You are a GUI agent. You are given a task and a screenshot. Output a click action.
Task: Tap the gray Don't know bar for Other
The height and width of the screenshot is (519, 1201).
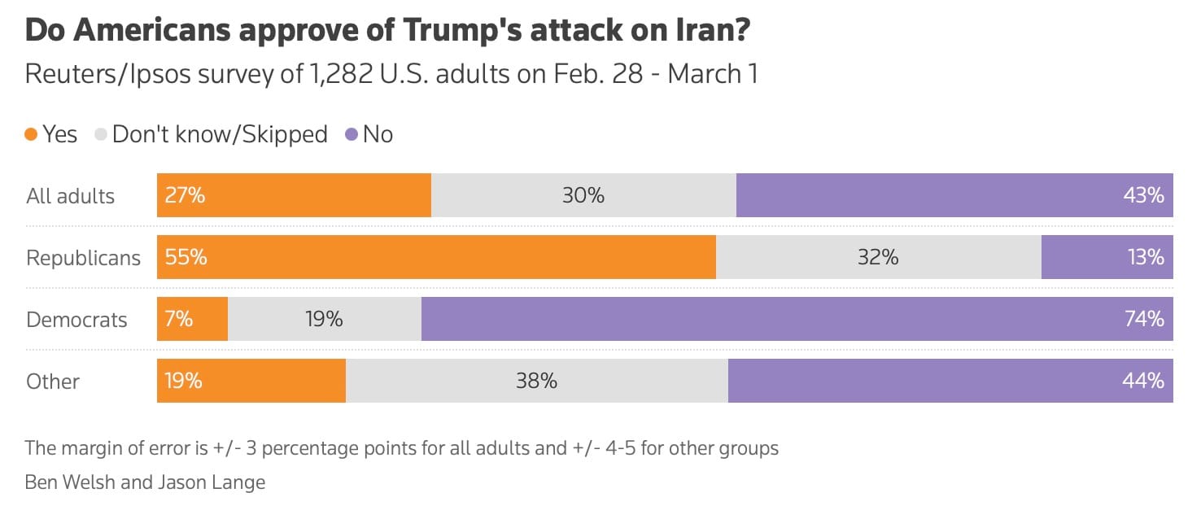pos(536,381)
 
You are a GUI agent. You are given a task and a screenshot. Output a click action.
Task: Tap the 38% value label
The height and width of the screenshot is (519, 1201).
pos(536,381)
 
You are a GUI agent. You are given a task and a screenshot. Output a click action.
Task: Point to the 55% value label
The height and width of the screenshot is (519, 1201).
pos(186,257)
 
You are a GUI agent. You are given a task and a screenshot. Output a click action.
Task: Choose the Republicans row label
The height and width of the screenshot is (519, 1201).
pos(83,258)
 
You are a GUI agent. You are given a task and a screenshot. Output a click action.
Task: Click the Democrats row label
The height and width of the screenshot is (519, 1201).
pos(76,320)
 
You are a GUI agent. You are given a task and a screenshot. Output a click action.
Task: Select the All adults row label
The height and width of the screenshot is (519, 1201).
pos(70,196)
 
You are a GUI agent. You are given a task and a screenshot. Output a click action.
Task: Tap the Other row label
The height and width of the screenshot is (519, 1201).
pos(53,382)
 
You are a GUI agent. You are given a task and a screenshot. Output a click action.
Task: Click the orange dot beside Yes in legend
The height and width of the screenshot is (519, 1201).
pos(32,134)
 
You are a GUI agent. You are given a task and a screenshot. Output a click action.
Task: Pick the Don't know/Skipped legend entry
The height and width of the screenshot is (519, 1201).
pos(220,134)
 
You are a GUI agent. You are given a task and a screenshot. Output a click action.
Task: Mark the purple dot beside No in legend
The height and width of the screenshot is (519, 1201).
pos(352,134)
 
